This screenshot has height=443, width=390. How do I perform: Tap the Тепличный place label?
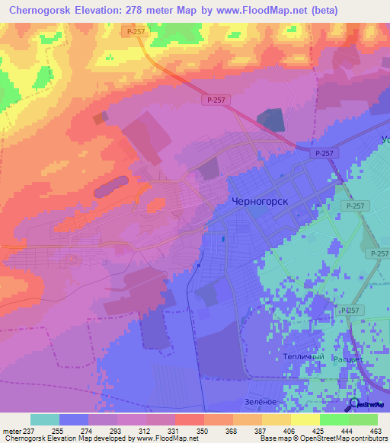(x=304, y=356)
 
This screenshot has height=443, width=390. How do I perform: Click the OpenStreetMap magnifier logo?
(x=354, y=404)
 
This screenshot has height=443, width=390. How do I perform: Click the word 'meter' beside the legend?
(x=10, y=430)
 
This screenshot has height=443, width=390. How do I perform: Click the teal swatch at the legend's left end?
(x=45, y=419)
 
